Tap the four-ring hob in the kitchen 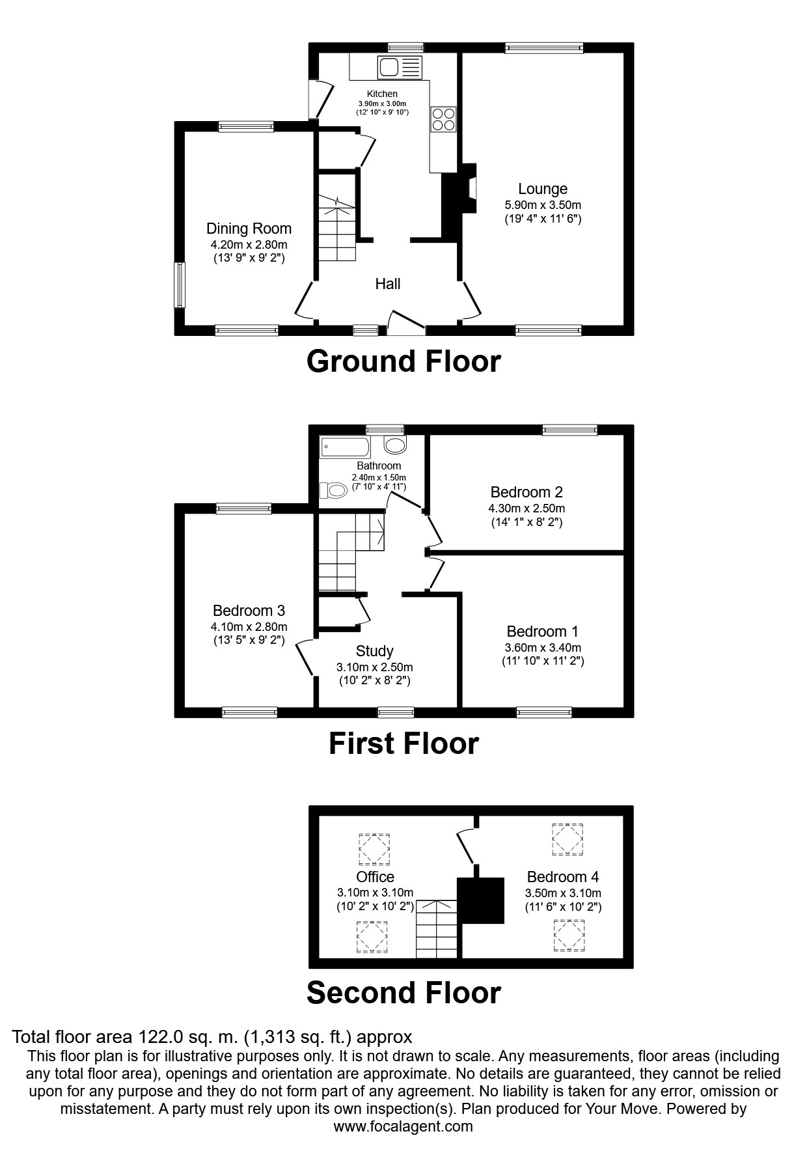point(443,118)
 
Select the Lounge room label point(543,189)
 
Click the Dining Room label point(249,229)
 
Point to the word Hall point(388,284)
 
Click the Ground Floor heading point(403,361)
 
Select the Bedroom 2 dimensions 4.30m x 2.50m point(527,508)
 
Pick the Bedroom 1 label point(542,631)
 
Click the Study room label point(374,651)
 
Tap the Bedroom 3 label point(249,611)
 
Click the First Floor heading point(403,743)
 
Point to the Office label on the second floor point(375,877)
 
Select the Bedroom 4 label point(563,877)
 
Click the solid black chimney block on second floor point(481,900)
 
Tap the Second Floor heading point(403,993)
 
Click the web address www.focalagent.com point(403,1126)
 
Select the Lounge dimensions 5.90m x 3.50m point(543,205)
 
